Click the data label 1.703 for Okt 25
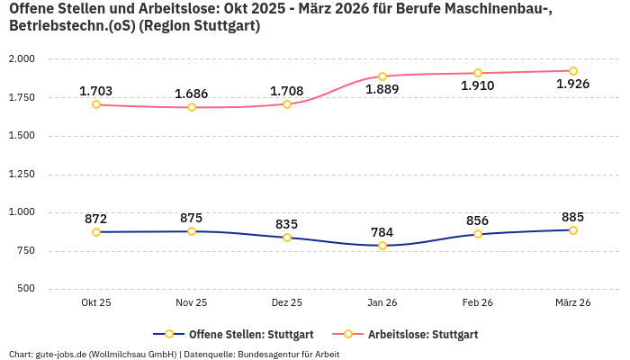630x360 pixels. pyautogui.click(x=95, y=91)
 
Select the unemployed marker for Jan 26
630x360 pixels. pyautogui.click(x=382, y=76)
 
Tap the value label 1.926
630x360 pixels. pyautogui.click(x=572, y=85)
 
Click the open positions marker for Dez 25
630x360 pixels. pyautogui.click(x=287, y=238)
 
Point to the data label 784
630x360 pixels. pyautogui.click(x=382, y=232)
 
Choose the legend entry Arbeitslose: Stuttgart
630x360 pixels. pyautogui.click(x=422, y=334)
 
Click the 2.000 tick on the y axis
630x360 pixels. pyautogui.click(x=21, y=59)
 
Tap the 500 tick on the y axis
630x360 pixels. pyautogui.click(x=25, y=289)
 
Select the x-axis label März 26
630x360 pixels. pyautogui.click(x=572, y=303)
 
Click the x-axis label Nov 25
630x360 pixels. pyautogui.click(x=192, y=303)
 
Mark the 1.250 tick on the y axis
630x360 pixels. pyautogui.click(x=21, y=174)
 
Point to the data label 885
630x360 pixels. pyautogui.click(x=572, y=217)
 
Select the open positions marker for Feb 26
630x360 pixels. pyautogui.click(x=478, y=234)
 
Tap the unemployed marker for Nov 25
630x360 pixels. pyautogui.click(x=192, y=107)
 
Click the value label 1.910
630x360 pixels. pyautogui.click(x=478, y=86)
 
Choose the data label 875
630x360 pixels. pyautogui.click(x=192, y=218)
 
